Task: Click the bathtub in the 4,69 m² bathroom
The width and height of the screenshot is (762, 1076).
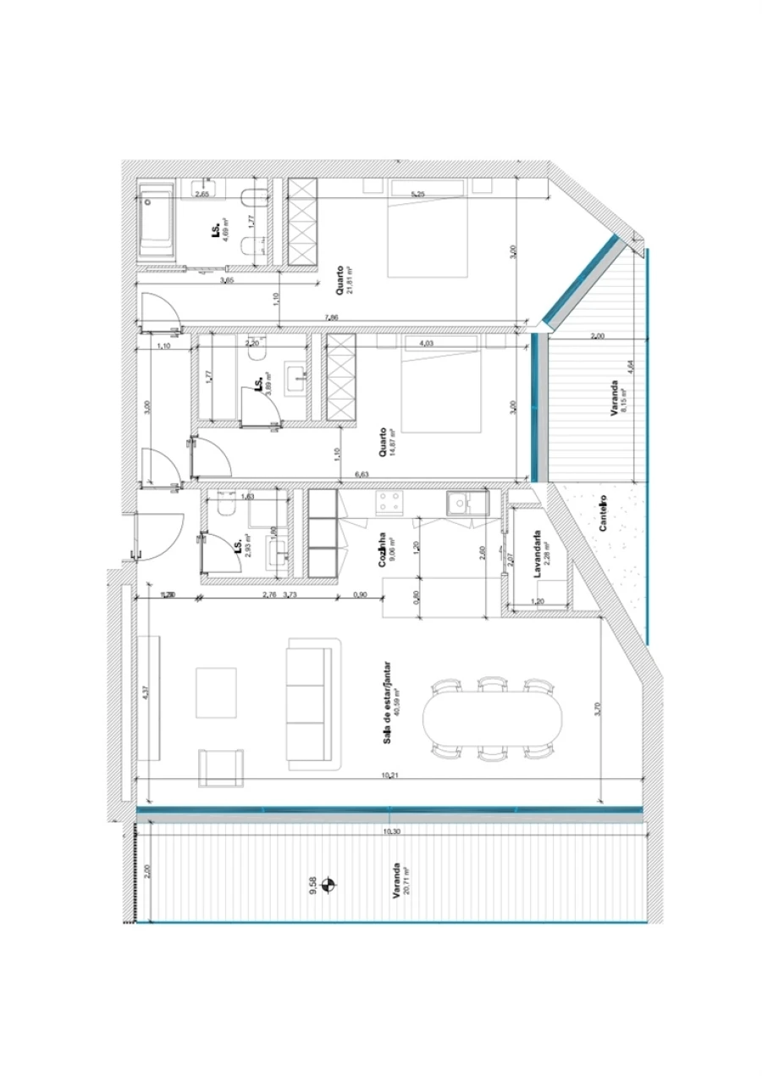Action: point(157,221)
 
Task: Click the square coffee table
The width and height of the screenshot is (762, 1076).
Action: point(216,693)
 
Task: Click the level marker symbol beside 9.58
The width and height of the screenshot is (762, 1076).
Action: point(330,886)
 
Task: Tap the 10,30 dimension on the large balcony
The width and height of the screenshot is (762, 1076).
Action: point(389,832)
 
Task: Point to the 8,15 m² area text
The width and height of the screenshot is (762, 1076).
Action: point(623,397)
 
